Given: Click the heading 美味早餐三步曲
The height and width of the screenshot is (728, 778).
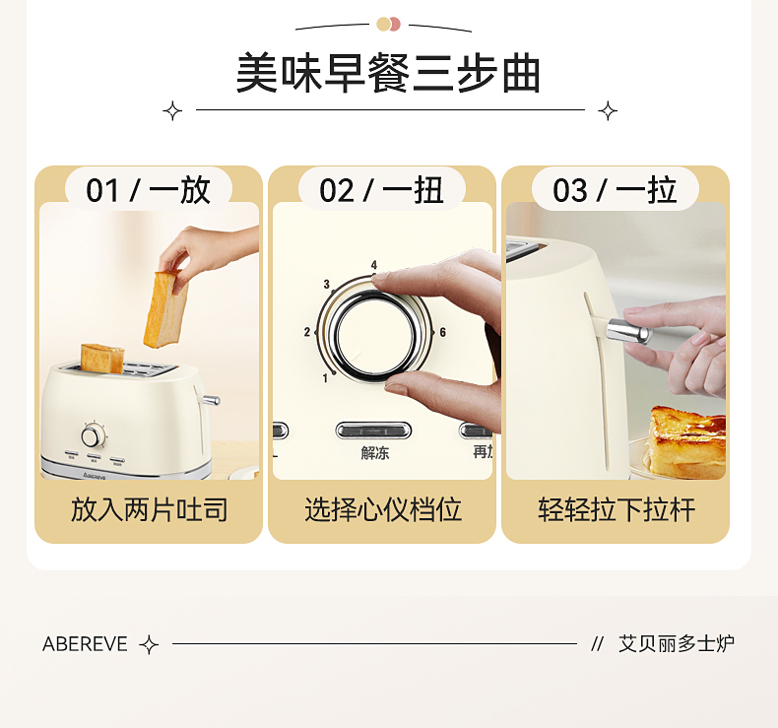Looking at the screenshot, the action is tap(388, 74).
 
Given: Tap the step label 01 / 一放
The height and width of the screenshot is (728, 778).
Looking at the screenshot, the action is tap(149, 190).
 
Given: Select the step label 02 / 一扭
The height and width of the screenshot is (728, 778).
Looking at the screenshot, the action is tap(381, 190).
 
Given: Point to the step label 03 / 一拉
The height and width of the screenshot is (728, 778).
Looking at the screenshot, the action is tap(616, 190).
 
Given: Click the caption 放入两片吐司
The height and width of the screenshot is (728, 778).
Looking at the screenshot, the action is tap(149, 509).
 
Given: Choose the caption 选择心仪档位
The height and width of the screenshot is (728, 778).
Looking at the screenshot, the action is tap(382, 509).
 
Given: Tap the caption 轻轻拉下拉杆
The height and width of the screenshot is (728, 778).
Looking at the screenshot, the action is tap(616, 509).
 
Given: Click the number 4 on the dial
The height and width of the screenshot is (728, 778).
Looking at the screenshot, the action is tap(374, 265).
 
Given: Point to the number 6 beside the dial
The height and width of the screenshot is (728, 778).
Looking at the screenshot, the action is tap(442, 332).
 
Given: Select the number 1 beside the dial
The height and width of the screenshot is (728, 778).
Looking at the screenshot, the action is tap(325, 378).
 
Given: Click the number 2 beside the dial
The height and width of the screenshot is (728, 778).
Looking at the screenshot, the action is tap(306, 332).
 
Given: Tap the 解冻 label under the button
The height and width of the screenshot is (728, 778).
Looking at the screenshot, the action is tap(375, 452).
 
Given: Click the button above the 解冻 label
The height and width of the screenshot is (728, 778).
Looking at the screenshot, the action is tap(373, 430).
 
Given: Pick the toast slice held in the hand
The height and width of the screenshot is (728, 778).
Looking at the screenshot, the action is tap(165, 309).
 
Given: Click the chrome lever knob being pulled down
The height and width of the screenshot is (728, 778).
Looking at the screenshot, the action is tap(628, 330).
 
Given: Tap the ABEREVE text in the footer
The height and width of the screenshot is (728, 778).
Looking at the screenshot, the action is tap(85, 644).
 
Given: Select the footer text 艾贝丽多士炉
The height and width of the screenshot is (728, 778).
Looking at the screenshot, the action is tap(676, 643).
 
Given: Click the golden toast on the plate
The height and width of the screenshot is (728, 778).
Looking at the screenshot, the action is tap(687, 440).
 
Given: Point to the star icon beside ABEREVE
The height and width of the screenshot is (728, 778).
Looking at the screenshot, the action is tap(149, 644).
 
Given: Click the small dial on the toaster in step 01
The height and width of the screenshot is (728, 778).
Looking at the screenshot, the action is tap(92, 436).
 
